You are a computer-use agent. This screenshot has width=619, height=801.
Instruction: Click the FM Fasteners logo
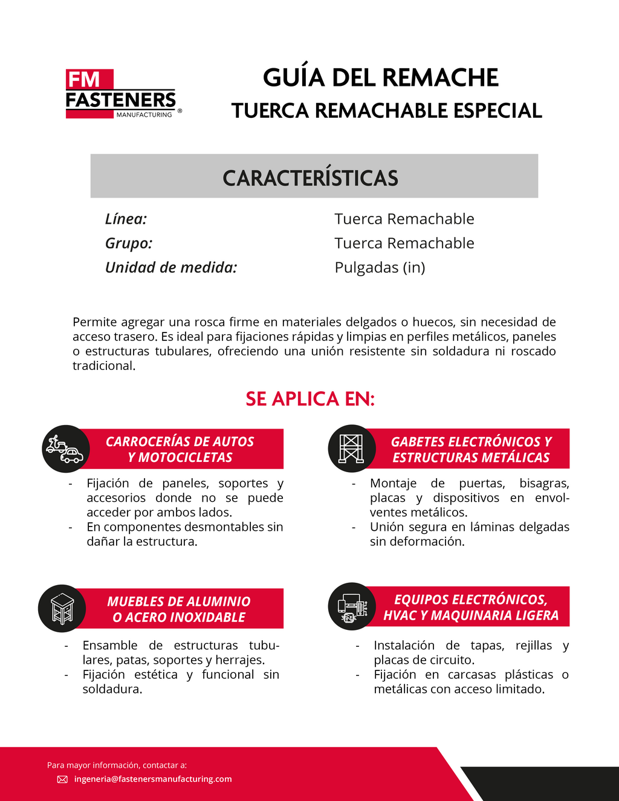121,94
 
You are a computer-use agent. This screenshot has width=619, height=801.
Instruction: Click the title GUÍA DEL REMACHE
380,78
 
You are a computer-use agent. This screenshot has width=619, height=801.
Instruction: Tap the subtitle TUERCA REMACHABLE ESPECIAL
387,111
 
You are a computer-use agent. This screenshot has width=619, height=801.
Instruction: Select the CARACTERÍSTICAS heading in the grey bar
310,178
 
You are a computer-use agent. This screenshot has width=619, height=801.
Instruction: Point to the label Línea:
126,219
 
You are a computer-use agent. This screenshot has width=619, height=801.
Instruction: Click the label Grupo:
129,243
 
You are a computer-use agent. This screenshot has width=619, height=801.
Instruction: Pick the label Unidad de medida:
171,267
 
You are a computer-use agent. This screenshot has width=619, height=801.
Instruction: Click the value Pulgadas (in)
380,267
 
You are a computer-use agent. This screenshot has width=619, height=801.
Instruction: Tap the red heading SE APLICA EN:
310,399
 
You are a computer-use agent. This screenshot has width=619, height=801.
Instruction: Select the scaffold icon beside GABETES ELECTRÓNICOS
351,449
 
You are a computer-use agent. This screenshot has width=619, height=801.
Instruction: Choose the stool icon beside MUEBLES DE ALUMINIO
62,608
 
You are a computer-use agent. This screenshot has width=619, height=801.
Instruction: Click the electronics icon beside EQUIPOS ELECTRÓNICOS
351,606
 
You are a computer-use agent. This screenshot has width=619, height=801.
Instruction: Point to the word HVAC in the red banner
401,615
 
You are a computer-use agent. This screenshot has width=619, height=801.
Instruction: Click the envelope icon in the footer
62,779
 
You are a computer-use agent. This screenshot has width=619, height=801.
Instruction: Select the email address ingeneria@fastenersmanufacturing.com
153,779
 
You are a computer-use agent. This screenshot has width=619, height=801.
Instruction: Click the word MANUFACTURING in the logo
144,115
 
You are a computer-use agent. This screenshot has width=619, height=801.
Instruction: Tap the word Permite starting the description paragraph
94,322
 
